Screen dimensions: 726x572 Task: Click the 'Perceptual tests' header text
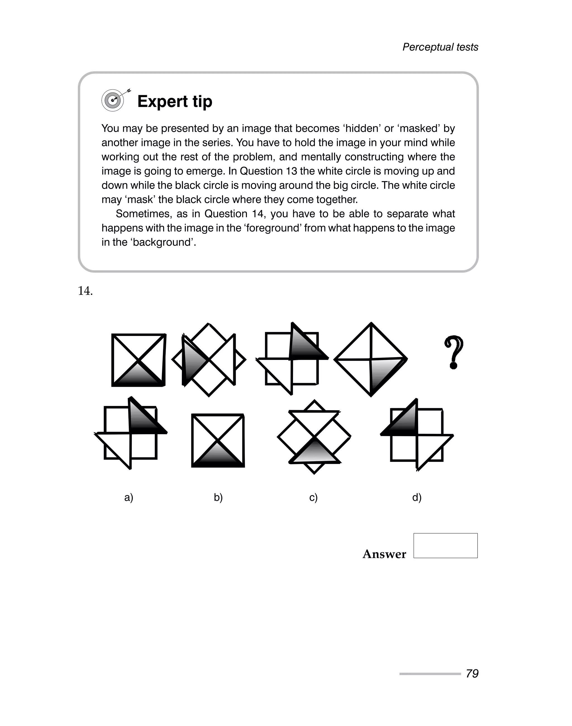tap(440, 47)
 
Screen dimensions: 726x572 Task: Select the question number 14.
tap(85, 291)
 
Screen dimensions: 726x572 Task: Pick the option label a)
tap(128, 497)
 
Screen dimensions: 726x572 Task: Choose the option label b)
tap(218, 497)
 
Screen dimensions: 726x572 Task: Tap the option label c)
tap(313, 497)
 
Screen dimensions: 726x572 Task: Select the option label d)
tap(417, 497)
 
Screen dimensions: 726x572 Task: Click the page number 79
tap(472, 674)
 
